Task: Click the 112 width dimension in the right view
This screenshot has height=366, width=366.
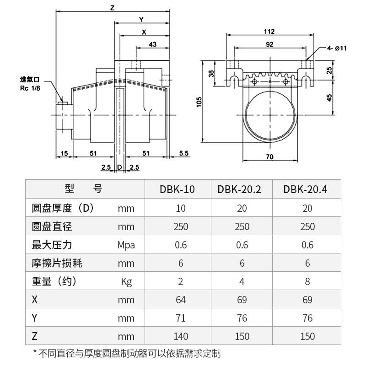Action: pyautogui.click(x=269, y=32)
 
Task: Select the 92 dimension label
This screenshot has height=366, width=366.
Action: pyautogui.click(x=269, y=44)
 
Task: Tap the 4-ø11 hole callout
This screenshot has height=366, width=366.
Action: pyautogui.click(x=338, y=48)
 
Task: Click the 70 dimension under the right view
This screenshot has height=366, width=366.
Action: pyautogui.click(x=269, y=156)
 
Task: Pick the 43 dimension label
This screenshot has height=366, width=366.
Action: pyautogui.click(x=153, y=44)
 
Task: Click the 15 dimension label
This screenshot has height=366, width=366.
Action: pyautogui.click(x=64, y=153)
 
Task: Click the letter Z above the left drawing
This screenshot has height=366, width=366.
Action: pyautogui.click(x=112, y=7)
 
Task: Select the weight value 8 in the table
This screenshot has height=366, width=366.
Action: pyautogui.click(x=307, y=281)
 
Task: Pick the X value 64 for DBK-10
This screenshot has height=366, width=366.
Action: pyautogui.click(x=181, y=300)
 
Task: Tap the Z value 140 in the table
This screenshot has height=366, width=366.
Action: pyautogui.click(x=181, y=336)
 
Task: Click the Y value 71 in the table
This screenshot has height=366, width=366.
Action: pyautogui.click(x=181, y=318)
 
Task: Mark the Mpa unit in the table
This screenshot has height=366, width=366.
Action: pyautogui.click(x=126, y=245)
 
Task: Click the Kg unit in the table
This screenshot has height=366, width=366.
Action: pyautogui.click(x=126, y=281)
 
